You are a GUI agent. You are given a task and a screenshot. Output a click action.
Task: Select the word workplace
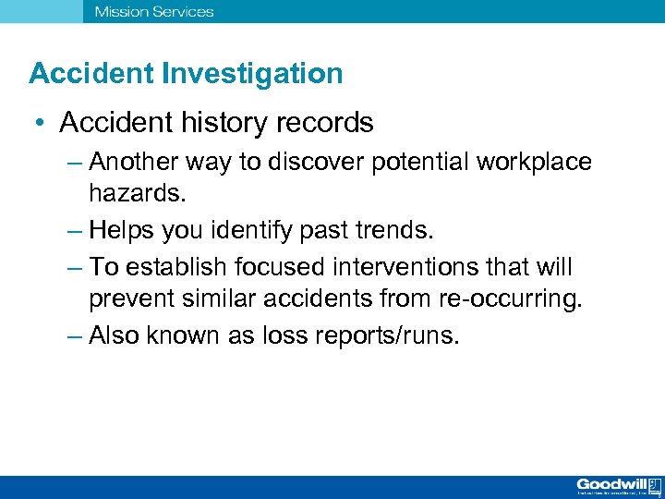(535, 163)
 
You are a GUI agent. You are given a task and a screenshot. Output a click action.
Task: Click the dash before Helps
(76, 228)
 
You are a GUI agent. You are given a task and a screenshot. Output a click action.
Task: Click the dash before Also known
(76, 335)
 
